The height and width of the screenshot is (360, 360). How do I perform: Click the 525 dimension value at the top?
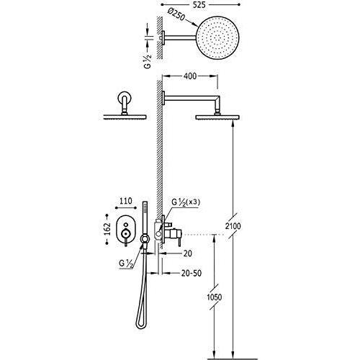(x=199, y=5)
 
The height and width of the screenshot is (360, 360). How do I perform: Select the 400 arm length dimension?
(x=190, y=76)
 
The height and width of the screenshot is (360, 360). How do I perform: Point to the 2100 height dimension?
(x=233, y=226)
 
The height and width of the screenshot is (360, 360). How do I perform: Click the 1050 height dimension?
(x=215, y=297)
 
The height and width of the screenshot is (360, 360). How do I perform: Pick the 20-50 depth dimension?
(x=192, y=273)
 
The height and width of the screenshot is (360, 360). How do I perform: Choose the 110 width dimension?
(x=126, y=201)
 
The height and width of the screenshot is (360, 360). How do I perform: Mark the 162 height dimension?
(x=108, y=229)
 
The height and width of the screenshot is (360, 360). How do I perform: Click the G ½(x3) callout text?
(x=186, y=202)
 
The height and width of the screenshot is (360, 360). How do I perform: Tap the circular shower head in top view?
(x=218, y=38)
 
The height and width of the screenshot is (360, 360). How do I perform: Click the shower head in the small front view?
(x=125, y=117)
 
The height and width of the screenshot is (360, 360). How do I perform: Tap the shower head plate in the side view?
(x=217, y=117)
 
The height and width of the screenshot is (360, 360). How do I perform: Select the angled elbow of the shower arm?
(x=218, y=100)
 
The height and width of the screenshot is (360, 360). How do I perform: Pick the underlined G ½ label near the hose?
(x=126, y=264)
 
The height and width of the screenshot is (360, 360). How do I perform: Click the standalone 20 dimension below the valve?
(x=187, y=253)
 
